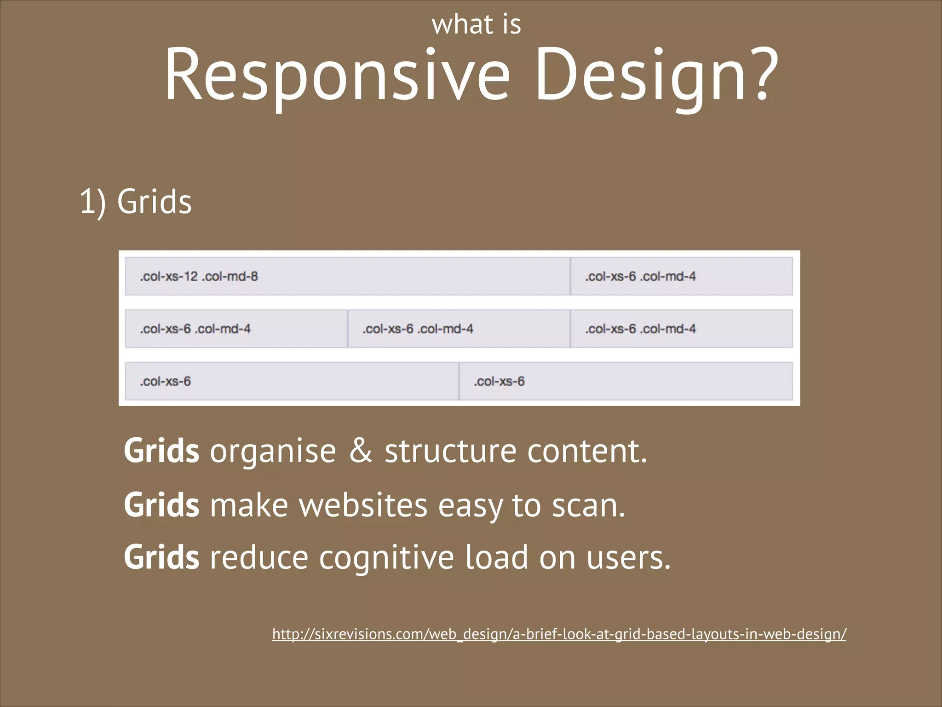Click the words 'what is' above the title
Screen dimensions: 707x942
476,25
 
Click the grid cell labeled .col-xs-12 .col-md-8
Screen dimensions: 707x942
347,276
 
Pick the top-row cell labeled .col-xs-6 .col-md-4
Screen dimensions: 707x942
681,276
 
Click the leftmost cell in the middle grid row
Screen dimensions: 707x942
236,329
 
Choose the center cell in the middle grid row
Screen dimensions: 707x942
459,329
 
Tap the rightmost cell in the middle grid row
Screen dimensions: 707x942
681,329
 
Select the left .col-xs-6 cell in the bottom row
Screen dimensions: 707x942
292,381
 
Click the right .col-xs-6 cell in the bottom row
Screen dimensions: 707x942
626,381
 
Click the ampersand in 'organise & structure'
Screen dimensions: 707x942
361,451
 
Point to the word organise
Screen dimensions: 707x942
273,452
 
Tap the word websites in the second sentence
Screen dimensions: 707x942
363,505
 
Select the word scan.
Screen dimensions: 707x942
588,506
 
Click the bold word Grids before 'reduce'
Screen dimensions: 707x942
161,557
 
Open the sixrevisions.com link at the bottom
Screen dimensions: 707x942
559,634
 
